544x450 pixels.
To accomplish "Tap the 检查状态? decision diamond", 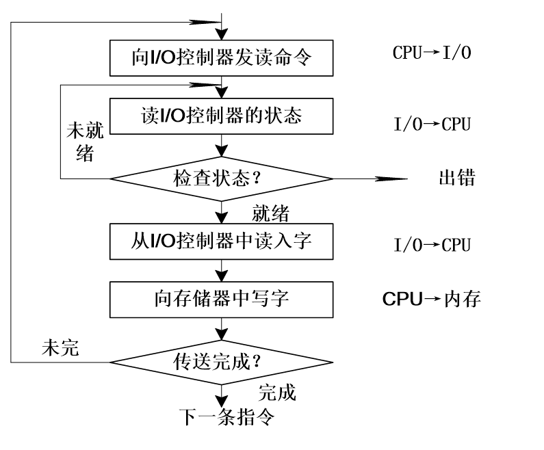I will [221, 179].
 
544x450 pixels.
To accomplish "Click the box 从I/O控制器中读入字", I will [221, 241].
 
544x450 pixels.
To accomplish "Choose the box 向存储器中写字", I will [221, 300].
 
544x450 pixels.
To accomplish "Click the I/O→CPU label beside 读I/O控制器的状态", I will [431, 125].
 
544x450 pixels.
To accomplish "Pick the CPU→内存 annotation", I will [431, 300].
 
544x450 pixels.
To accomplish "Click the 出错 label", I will [456, 179].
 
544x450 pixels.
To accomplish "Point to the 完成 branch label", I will [276, 393].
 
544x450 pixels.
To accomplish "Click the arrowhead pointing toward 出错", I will [393, 179].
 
